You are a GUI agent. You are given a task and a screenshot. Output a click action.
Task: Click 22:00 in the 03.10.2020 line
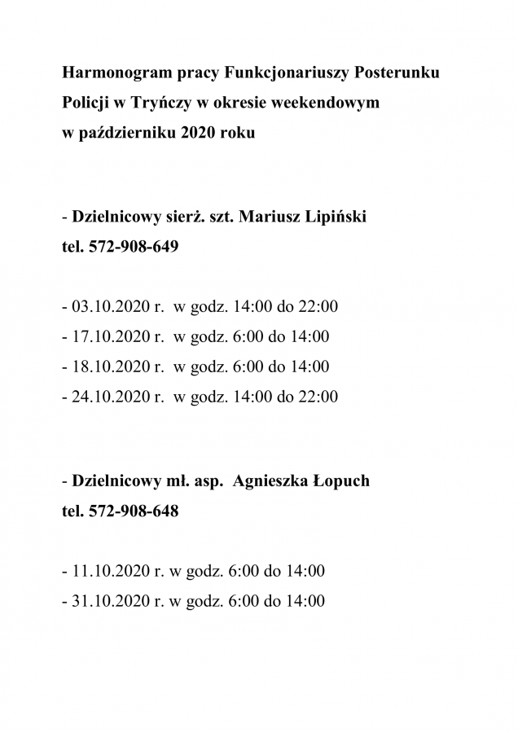pyautogui.click(x=319, y=307)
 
